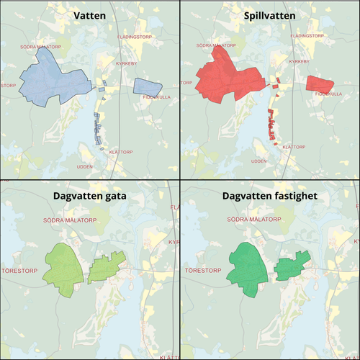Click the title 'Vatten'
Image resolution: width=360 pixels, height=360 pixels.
point(90,14)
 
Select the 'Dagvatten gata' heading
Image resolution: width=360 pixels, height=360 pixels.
point(90,195)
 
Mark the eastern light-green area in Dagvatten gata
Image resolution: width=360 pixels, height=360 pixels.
point(107,269)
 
